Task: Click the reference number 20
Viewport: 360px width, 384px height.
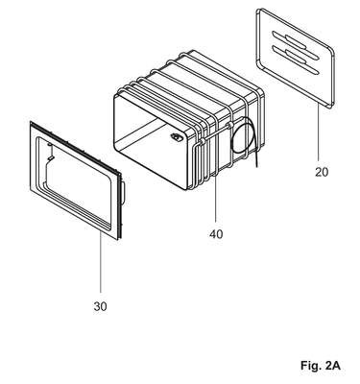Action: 322,172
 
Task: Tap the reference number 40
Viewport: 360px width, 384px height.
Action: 216,234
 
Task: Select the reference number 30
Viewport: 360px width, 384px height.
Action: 100,306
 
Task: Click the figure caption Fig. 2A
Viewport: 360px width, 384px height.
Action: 320,366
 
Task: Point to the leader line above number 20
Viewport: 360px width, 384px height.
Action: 319,132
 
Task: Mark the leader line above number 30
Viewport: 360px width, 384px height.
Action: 101,262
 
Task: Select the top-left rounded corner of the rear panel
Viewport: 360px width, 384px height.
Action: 259,12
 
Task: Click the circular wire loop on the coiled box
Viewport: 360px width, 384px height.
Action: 242,134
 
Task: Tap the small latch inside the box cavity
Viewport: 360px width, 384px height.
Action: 176,137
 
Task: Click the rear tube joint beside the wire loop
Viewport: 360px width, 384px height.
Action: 229,125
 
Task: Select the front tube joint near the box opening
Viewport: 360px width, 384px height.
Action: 202,141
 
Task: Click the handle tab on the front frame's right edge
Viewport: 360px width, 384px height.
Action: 124,193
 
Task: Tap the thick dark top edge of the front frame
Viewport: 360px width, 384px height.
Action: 76,147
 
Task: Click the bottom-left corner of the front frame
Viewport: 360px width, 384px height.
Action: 31,190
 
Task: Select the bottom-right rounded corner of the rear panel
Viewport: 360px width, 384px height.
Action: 331,105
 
